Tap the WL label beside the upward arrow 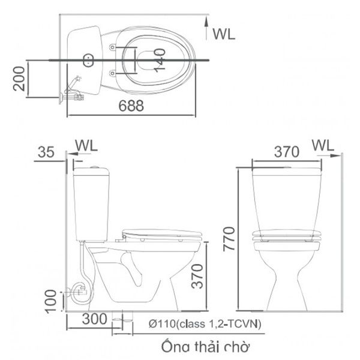click(224, 34)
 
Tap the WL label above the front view click(323, 146)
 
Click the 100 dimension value click(52, 300)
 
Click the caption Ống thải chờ click(205, 347)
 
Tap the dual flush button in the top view click(88, 59)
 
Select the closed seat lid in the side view click(162, 234)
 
